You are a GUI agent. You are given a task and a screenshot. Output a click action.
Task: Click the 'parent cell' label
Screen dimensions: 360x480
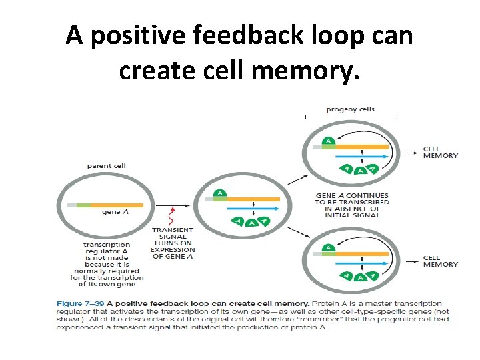tap(107, 166)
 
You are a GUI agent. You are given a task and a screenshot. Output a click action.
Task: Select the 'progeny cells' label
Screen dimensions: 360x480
tap(351, 109)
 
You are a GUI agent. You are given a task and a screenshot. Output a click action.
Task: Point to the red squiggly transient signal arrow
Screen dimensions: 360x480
tap(172, 215)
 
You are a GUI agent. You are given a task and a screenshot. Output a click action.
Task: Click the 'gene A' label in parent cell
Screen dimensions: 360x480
tap(111, 213)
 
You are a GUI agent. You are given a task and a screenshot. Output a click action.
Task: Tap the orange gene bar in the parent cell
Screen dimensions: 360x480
tap(116, 205)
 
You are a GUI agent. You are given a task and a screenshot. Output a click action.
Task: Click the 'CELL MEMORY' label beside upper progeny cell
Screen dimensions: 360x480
tap(441, 152)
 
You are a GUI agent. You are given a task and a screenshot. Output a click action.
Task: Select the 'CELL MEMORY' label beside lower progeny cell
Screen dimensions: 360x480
tap(441, 261)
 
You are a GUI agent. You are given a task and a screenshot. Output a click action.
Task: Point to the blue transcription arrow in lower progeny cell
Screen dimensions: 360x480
tap(360, 265)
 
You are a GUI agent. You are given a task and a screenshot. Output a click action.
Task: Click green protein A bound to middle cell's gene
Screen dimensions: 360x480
tap(221, 194)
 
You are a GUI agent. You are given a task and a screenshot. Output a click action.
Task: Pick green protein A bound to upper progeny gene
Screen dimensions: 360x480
tap(328, 141)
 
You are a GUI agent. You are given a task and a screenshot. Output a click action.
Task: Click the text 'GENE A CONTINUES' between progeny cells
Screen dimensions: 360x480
tap(352, 196)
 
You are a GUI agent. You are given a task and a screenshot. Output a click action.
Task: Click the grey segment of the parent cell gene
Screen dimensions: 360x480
tap(72, 205)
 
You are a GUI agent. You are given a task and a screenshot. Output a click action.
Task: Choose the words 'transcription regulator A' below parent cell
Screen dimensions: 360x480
tap(107, 248)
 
